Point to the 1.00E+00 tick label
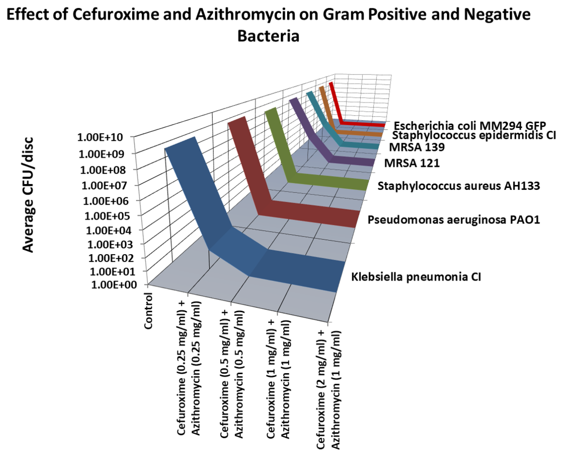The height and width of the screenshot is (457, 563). click(114, 285)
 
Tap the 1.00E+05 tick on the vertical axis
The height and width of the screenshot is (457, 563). click(107, 216)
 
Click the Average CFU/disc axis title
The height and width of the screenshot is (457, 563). click(28, 195)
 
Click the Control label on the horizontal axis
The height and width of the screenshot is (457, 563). click(149, 311)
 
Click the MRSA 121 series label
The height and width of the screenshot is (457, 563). click(412, 163)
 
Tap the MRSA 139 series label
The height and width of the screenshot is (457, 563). click(417, 147)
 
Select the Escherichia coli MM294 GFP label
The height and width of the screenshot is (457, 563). click(470, 126)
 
